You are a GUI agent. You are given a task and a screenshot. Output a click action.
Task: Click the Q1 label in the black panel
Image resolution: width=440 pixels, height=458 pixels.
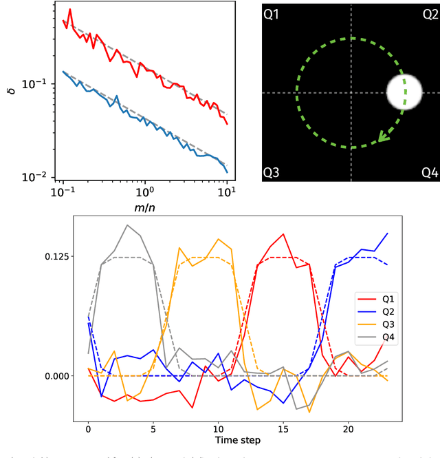click(x=272, y=14)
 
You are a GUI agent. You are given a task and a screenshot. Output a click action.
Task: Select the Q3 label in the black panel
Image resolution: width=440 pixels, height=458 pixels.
click(x=272, y=173)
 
